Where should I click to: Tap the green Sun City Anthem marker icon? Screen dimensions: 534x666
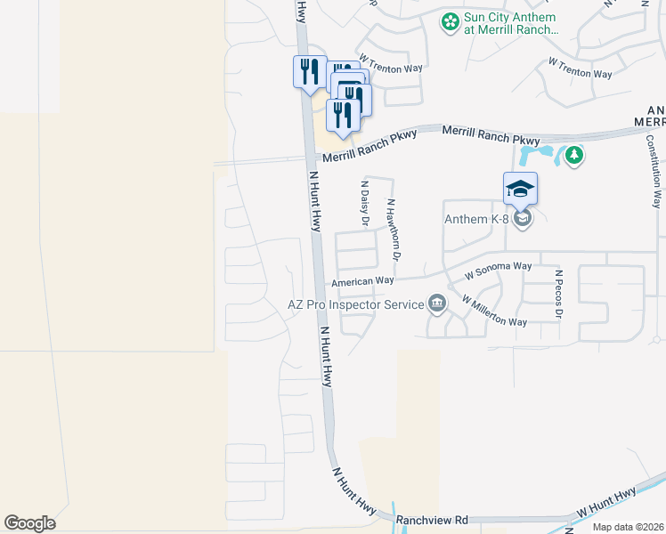click(x=451, y=20)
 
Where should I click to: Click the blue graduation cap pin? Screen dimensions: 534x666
click(x=520, y=190)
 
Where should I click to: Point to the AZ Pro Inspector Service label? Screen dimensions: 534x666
click(x=356, y=304)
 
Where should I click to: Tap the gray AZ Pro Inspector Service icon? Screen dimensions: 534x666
click(x=436, y=304)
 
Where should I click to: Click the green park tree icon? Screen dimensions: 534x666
click(x=575, y=157)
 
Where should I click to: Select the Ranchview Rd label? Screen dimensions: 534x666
click(x=432, y=519)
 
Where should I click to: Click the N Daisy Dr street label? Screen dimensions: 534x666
click(x=364, y=204)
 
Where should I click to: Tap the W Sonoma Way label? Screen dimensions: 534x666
click(x=498, y=270)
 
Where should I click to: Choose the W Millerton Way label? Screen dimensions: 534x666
click(x=494, y=311)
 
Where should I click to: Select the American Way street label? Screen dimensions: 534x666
click(x=362, y=282)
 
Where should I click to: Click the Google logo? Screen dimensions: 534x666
click(x=29, y=523)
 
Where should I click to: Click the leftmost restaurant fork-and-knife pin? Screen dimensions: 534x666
click(x=307, y=70)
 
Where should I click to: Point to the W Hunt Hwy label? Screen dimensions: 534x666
click(x=605, y=504)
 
